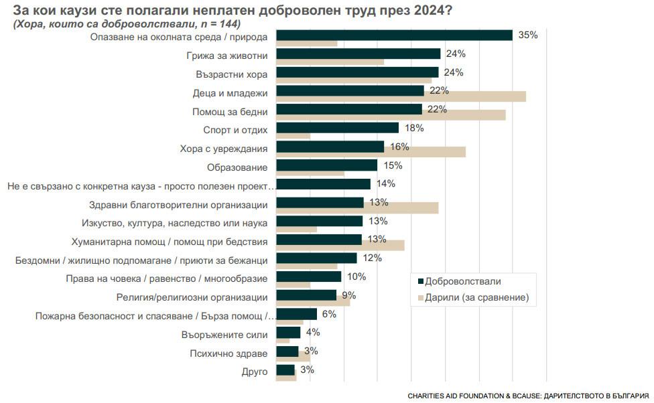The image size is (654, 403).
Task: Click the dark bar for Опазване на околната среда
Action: (394, 35)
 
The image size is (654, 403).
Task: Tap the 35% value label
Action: (528, 35)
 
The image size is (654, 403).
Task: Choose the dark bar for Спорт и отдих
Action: (337, 127)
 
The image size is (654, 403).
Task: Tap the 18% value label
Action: (414, 128)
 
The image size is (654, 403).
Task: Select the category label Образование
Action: (237, 167)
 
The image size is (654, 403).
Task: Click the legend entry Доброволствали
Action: (463, 281)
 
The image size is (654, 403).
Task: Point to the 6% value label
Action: (328, 314)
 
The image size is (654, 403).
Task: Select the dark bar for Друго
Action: (285, 370)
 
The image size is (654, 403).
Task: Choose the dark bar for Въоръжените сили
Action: (288, 332)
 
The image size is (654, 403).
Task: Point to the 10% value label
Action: (356, 276)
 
